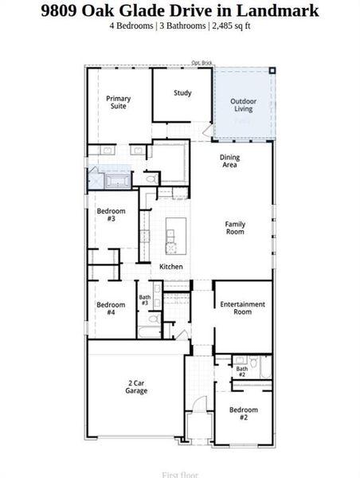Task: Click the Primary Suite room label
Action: point(119,102)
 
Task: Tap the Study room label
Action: point(182,93)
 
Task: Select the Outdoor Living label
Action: point(242,105)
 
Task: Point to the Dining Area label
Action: point(229,161)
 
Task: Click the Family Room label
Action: point(235,228)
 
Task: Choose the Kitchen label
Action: point(171,266)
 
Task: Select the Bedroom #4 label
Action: point(111,308)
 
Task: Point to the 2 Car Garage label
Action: point(135,387)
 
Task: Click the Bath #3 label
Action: point(144,301)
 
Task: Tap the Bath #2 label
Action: point(241,370)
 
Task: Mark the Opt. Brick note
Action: point(201,64)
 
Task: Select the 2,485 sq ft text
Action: point(229,25)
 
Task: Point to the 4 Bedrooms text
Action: point(132,25)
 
